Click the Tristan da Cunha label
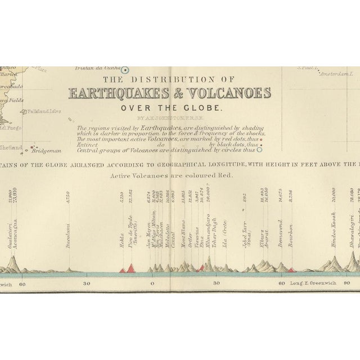coord(103,69)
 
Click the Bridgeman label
coord(47,151)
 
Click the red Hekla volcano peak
coord(121,271)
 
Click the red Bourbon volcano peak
coord(291,270)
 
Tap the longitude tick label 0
coord(152,283)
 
